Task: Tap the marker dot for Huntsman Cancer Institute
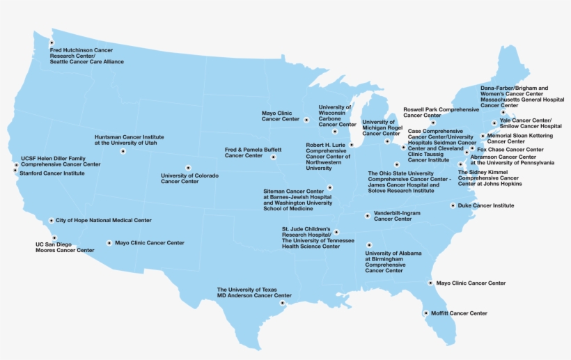click(x=123, y=151)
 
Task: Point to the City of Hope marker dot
click(x=51, y=221)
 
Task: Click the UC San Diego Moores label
click(x=65, y=247)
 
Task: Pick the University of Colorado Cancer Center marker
click(x=188, y=167)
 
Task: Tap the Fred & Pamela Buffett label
click(x=253, y=152)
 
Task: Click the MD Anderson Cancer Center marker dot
click(x=282, y=303)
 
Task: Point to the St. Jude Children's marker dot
click(x=336, y=232)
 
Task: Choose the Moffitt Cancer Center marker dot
click(x=426, y=313)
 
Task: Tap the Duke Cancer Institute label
click(x=486, y=205)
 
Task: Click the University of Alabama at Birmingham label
click(x=393, y=262)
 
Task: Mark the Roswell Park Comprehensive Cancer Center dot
click(x=432, y=123)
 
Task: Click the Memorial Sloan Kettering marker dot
click(x=483, y=136)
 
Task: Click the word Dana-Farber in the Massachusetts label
click(x=497, y=88)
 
